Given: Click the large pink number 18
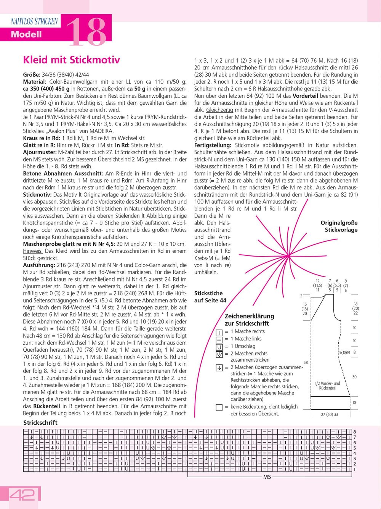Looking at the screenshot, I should pyautogui.click(x=86, y=32).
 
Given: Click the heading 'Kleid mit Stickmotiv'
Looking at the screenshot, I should pyautogui.click(x=72, y=60).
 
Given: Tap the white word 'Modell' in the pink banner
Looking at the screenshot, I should pyautogui.click(x=26, y=34).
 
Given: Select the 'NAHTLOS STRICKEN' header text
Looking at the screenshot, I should pyautogui.click(x=34, y=22).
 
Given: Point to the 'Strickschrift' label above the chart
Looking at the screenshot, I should pyautogui.click(x=40, y=423).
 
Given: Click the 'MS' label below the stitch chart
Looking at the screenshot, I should pyautogui.click(x=267, y=477).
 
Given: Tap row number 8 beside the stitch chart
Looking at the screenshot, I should pyautogui.click(x=355, y=432).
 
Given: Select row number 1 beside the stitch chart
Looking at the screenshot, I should pyautogui.click(x=355, y=469).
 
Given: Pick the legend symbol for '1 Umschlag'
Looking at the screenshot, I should pyautogui.click(x=219, y=347).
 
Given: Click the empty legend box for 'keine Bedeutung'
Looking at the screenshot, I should pyautogui.click(x=219, y=407).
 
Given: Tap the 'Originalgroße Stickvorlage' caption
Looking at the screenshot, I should pyautogui.click(x=339, y=226).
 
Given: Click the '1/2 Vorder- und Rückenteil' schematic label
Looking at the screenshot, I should pyautogui.click(x=327, y=386).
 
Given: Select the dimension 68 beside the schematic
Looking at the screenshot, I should pyautogui.click(x=306, y=362).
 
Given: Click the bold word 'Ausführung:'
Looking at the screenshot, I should pyautogui.click(x=39, y=265).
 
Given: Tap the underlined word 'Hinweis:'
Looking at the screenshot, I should pyautogui.click(x=33, y=251).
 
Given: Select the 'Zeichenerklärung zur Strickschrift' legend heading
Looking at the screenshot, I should pyautogui.click(x=249, y=320).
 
